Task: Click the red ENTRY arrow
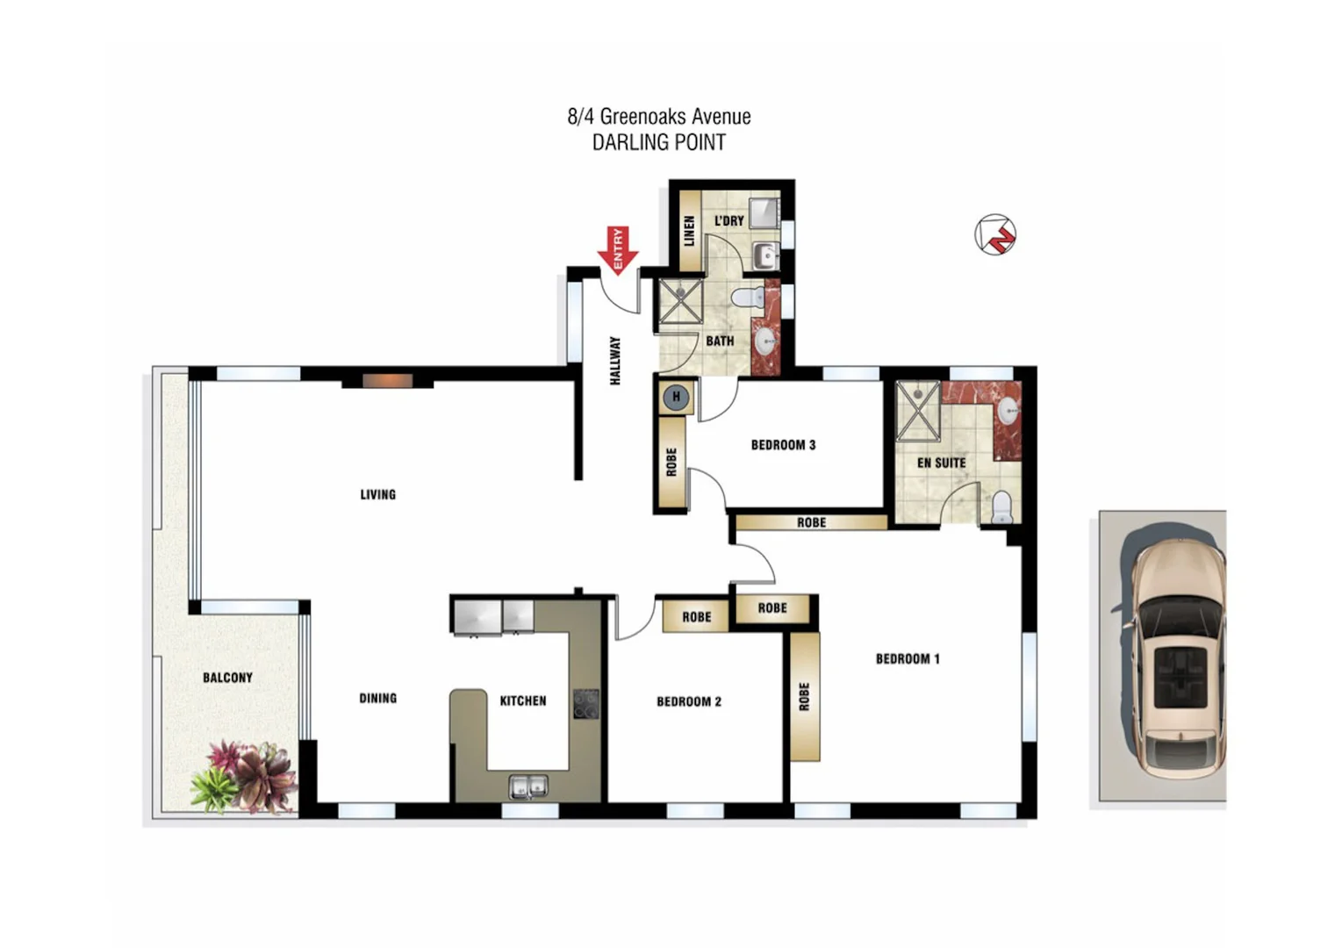[x=618, y=250]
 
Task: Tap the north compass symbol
[x=995, y=234]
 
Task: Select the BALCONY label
[x=227, y=678]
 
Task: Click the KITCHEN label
[x=523, y=700]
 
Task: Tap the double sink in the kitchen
[x=528, y=786]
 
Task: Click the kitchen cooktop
[x=585, y=704]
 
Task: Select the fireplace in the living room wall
[x=387, y=381]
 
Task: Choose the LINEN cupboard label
[x=689, y=231]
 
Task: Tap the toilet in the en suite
[x=1001, y=507]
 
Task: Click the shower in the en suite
[x=918, y=410]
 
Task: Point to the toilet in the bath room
[x=747, y=298]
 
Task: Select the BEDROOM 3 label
[x=783, y=445]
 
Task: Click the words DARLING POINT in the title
[x=659, y=142]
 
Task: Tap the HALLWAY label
[x=615, y=360]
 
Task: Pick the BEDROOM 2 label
[x=689, y=701]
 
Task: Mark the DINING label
[x=377, y=698]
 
